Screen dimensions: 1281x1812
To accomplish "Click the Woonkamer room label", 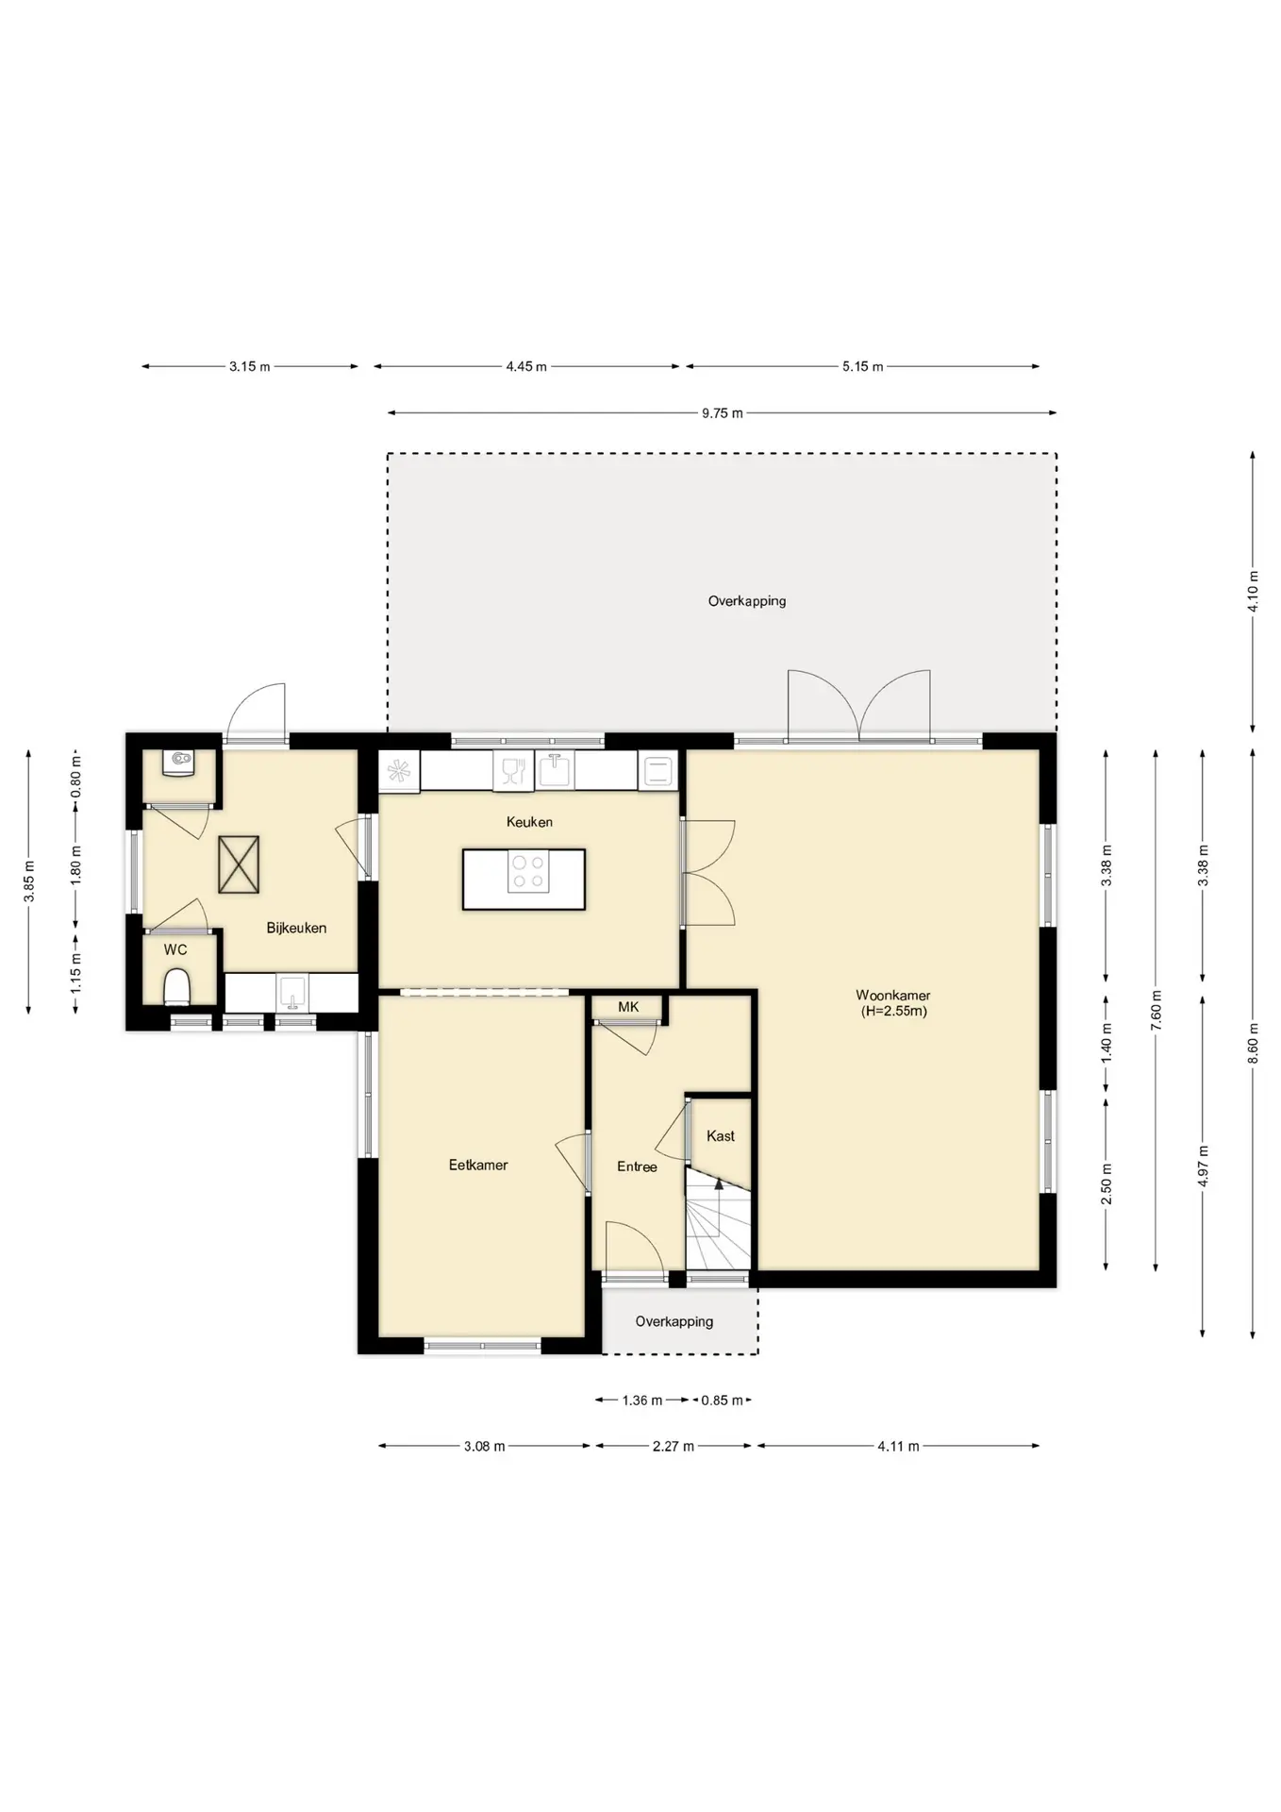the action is [x=892, y=995].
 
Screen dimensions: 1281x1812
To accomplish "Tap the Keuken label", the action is [x=529, y=822].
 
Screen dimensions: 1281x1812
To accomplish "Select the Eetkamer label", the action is [x=478, y=1165].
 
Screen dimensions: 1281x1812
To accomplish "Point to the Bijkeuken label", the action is [x=296, y=928].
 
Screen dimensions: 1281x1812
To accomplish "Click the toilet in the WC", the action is [x=176, y=988].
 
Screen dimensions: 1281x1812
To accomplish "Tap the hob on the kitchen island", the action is [x=528, y=872].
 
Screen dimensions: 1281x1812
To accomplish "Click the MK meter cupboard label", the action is [x=628, y=1007].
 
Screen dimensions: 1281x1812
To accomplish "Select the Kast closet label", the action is [x=721, y=1136].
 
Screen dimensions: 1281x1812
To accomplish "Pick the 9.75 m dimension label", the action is [x=723, y=412].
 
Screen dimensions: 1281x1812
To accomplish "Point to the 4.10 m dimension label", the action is [x=1253, y=592].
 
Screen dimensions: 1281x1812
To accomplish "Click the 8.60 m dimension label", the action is [x=1253, y=1043].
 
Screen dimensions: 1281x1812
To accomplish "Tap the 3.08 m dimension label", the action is [x=484, y=1446].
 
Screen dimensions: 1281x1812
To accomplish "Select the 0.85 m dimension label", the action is [x=722, y=1401].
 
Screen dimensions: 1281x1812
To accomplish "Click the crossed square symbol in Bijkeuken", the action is [x=239, y=864].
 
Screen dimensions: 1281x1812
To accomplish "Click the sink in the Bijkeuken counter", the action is [x=291, y=993].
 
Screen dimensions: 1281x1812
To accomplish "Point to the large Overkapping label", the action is [x=747, y=601].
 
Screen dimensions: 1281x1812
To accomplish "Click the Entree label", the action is [x=637, y=1166].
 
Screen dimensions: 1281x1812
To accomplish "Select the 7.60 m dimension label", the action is [x=1156, y=1010].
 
